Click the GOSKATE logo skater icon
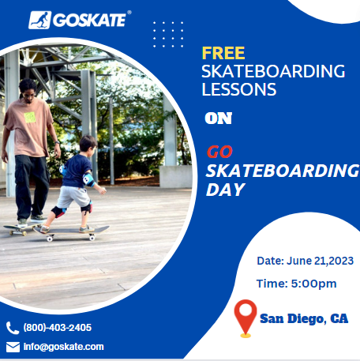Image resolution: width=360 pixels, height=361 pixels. point(39,20)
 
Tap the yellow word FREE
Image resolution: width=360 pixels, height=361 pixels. point(223,53)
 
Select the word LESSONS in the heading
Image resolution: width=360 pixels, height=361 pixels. point(239,89)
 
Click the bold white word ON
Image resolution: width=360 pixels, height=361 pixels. point(219,118)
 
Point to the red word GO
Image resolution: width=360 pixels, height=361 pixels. point(219,152)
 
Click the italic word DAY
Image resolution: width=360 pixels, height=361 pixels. point(225,190)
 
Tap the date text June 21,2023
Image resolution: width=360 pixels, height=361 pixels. point(320,261)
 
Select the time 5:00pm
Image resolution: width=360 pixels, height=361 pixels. point(313,284)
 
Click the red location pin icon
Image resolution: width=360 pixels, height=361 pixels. point(246,318)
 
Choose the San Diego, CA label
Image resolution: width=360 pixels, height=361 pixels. point(304,318)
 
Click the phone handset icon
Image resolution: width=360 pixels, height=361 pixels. point(13,328)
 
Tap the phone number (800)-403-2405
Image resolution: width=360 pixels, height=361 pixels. point(58,328)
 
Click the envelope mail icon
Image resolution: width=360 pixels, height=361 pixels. point(13,347)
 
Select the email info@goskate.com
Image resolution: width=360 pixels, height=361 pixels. point(64,347)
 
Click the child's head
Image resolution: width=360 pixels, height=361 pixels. point(88,146)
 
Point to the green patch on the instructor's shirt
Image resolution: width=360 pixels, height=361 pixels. point(30,118)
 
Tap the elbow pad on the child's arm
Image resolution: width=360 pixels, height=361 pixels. point(88,179)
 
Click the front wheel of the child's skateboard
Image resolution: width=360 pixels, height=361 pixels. point(92,238)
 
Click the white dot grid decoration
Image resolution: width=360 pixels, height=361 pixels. point(168,35)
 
